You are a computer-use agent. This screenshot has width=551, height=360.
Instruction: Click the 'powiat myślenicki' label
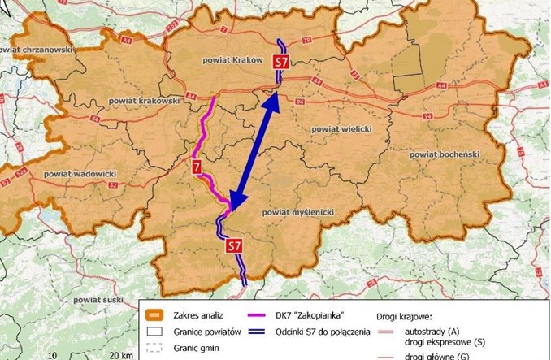(298, 211)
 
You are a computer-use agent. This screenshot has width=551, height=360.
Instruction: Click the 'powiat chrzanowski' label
(37, 50)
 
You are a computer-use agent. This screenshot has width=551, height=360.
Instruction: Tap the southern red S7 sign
(234, 245)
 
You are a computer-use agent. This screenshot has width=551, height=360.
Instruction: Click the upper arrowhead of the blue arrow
(274, 99)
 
